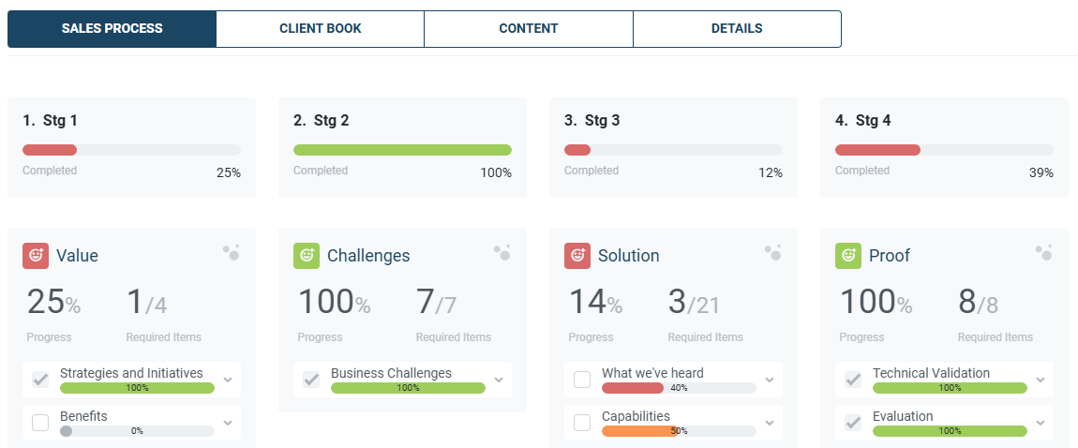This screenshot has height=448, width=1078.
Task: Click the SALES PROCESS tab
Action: click(x=112, y=28)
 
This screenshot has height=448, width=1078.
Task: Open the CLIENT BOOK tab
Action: click(x=320, y=28)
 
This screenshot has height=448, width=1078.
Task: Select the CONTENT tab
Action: click(x=528, y=28)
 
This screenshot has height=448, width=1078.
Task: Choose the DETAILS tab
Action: click(x=737, y=28)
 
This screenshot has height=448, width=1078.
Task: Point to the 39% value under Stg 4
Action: click(x=1041, y=172)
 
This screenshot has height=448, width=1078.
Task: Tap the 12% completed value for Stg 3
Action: click(x=771, y=172)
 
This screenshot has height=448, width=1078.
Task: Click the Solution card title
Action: click(x=630, y=256)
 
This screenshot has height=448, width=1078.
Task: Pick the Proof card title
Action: click(x=889, y=256)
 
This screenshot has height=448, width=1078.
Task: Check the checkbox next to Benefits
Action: click(x=40, y=423)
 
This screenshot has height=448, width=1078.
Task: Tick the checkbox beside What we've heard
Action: click(x=582, y=380)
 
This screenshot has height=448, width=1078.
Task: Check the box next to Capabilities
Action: click(x=582, y=423)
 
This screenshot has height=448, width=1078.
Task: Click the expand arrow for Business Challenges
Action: click(x=499, y=380)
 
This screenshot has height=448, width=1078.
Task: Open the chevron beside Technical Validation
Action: click(x=1041, y=380)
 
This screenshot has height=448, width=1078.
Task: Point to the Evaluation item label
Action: click(x=903, y=416)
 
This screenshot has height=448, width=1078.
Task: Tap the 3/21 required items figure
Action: click(x=694, y=303)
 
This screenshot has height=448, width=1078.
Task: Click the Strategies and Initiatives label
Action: click(x=131, y=373)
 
